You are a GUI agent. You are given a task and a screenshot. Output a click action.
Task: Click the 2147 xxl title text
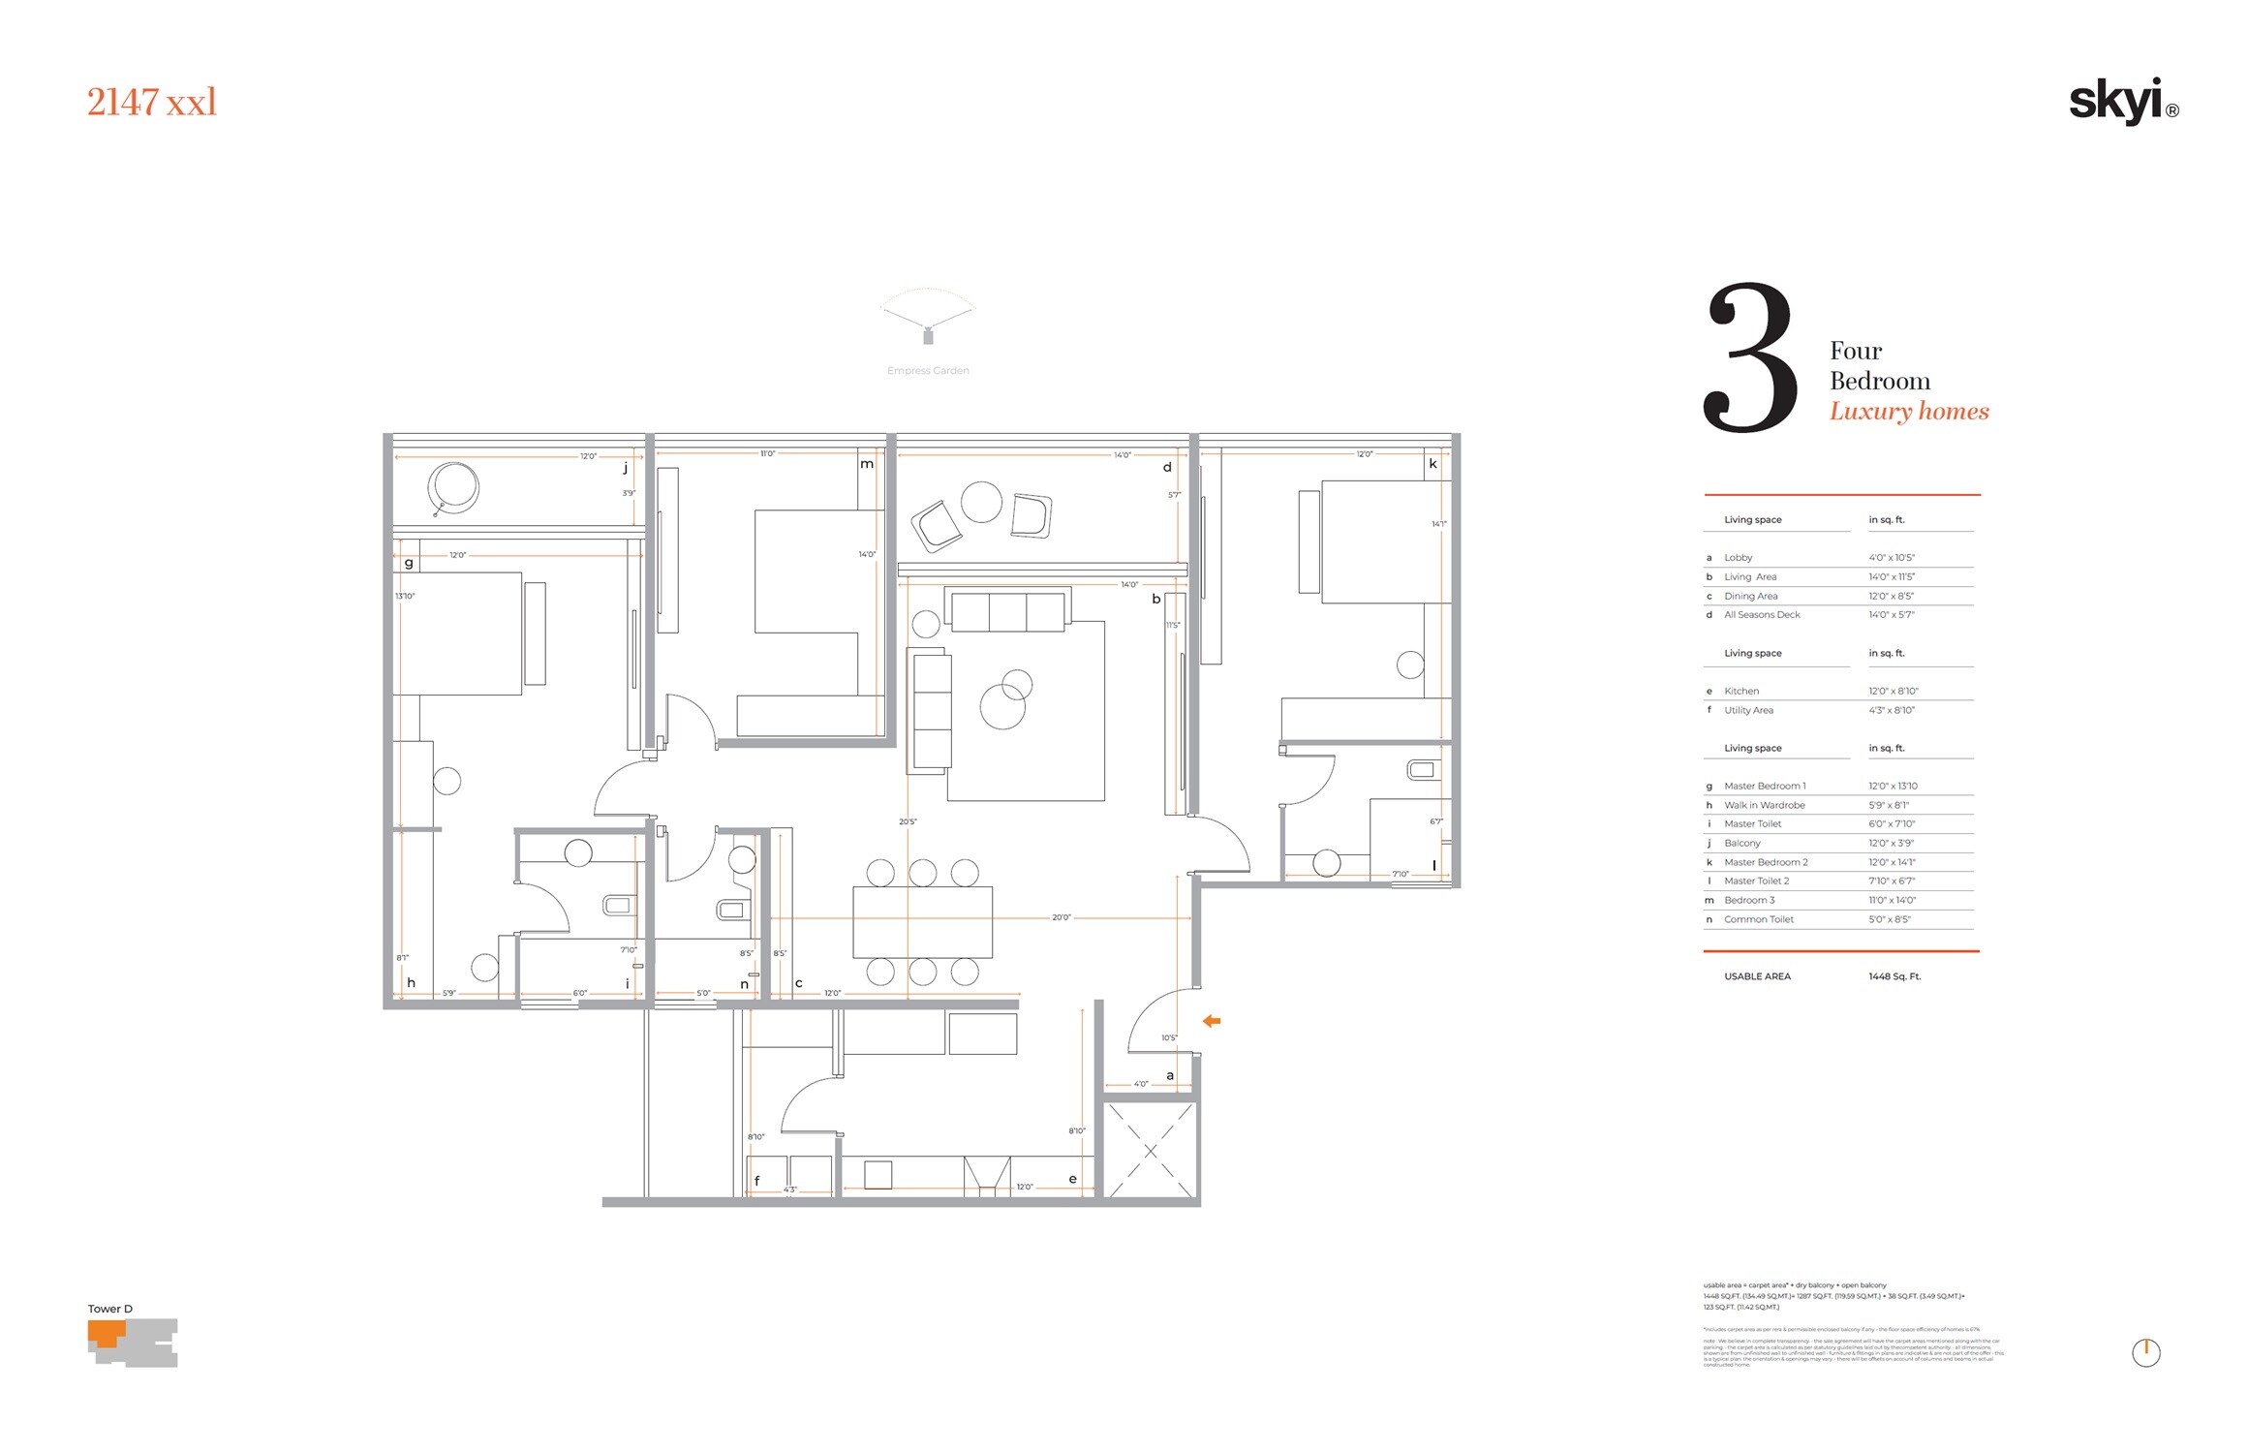pos(152,103)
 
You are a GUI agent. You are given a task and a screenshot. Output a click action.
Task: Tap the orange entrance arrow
pos(1211,1021)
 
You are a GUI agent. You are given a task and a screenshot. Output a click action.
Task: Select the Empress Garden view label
pos(927,371)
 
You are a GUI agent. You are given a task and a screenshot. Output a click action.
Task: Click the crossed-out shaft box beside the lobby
pos(1150,1151)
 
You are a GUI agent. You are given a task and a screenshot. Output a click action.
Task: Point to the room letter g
pos(409,563)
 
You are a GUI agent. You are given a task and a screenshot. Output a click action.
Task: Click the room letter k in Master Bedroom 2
pos(1432,464)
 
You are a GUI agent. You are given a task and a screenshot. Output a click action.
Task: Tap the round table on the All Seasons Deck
pos(981,503)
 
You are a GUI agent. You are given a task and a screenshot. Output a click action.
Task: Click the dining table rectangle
pos(922,922)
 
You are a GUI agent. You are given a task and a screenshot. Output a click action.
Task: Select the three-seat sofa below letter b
pos(1008,612)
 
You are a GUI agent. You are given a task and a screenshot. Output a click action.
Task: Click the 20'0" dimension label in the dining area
pos(1061,917)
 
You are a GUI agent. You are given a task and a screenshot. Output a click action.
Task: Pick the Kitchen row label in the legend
pos(1740,692)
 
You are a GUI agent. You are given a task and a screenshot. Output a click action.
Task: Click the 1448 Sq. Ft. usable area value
pos(1894,977)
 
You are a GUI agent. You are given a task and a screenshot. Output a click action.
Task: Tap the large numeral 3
pos(1750,358)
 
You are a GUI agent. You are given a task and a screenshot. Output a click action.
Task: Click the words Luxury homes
pos(1908,412)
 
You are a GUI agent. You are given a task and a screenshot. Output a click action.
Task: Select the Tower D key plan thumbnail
pos(133,1343)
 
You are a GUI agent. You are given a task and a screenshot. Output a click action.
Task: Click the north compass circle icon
pos(2145,1353)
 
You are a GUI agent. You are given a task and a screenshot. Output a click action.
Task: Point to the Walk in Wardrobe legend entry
pos(1764,806)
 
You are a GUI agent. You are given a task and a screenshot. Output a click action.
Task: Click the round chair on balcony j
pos(453,487)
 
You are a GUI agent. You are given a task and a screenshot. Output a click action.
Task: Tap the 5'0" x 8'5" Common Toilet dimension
pos(1889,920)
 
